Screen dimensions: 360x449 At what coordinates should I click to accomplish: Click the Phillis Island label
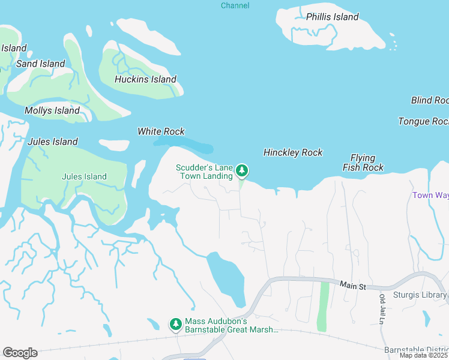332,17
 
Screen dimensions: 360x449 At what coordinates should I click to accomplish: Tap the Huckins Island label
145,79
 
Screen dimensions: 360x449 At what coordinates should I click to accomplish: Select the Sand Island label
40,64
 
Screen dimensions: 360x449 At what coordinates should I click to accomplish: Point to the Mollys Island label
52,110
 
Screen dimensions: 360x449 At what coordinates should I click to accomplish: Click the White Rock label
161,131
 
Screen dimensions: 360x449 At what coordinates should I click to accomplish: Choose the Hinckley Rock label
293,152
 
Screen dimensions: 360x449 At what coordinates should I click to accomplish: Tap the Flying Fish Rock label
363,163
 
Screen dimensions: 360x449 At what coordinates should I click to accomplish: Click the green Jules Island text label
84,176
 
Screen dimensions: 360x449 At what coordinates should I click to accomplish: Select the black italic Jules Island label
53,142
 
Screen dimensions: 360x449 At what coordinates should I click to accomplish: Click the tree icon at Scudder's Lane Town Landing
241,171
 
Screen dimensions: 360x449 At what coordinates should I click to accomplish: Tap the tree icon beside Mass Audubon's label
175,324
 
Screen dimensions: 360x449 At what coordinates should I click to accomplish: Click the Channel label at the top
235,5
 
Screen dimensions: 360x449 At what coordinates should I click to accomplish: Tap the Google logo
20,353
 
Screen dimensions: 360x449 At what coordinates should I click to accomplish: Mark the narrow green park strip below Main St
324,306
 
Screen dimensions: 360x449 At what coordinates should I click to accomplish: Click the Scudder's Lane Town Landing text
204,172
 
